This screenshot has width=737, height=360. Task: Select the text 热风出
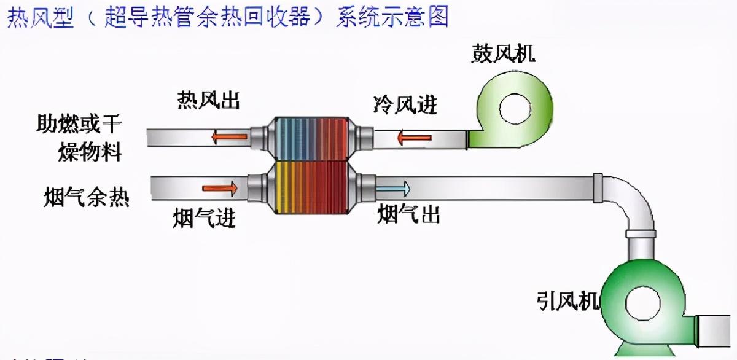click(x=208, y=100)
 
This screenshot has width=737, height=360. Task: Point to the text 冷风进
click(x=405, y=104)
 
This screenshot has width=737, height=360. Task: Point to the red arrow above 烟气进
click(x=220, y=187)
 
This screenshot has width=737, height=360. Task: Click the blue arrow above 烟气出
click(x=392, y=187)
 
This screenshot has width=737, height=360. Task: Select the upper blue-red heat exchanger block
click(x=311, y=138)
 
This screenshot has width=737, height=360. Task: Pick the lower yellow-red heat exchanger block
click(x=311, y=188)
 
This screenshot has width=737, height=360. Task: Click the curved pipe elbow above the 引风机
click(x=633, y=200)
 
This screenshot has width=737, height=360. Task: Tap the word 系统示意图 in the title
click(x=392, y=17)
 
